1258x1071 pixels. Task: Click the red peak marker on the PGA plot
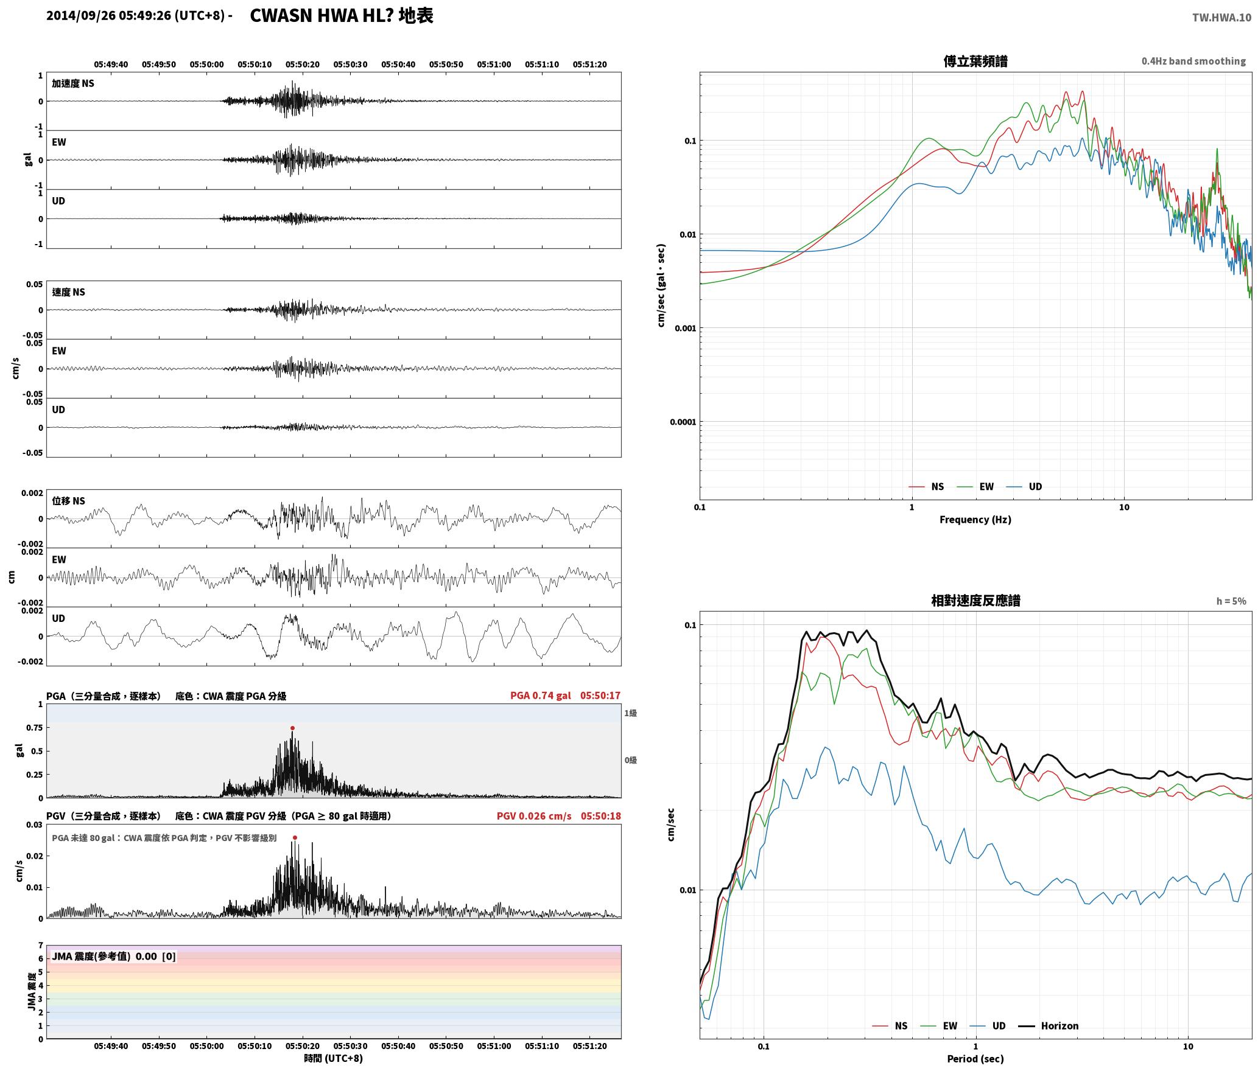292,728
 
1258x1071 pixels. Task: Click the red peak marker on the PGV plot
295,837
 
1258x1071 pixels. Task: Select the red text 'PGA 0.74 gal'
540,696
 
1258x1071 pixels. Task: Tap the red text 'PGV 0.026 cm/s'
534,816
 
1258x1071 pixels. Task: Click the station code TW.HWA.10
1221,17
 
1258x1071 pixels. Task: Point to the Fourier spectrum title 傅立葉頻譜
975,61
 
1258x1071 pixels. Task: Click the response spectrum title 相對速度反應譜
975,601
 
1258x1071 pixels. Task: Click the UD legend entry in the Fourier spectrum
1024,486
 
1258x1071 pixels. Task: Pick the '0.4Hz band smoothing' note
1193,61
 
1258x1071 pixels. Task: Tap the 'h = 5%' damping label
1231,601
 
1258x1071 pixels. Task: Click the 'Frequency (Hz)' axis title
975,519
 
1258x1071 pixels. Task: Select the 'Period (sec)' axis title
975,1058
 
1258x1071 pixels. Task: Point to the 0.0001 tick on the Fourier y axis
683,422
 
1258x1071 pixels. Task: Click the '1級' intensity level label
630,713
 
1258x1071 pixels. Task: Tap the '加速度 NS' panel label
73,83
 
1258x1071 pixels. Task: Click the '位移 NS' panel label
68,501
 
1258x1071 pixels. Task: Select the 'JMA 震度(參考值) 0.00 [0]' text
114,956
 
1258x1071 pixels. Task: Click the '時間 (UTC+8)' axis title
333,1058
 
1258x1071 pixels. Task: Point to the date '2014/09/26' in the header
81,16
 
